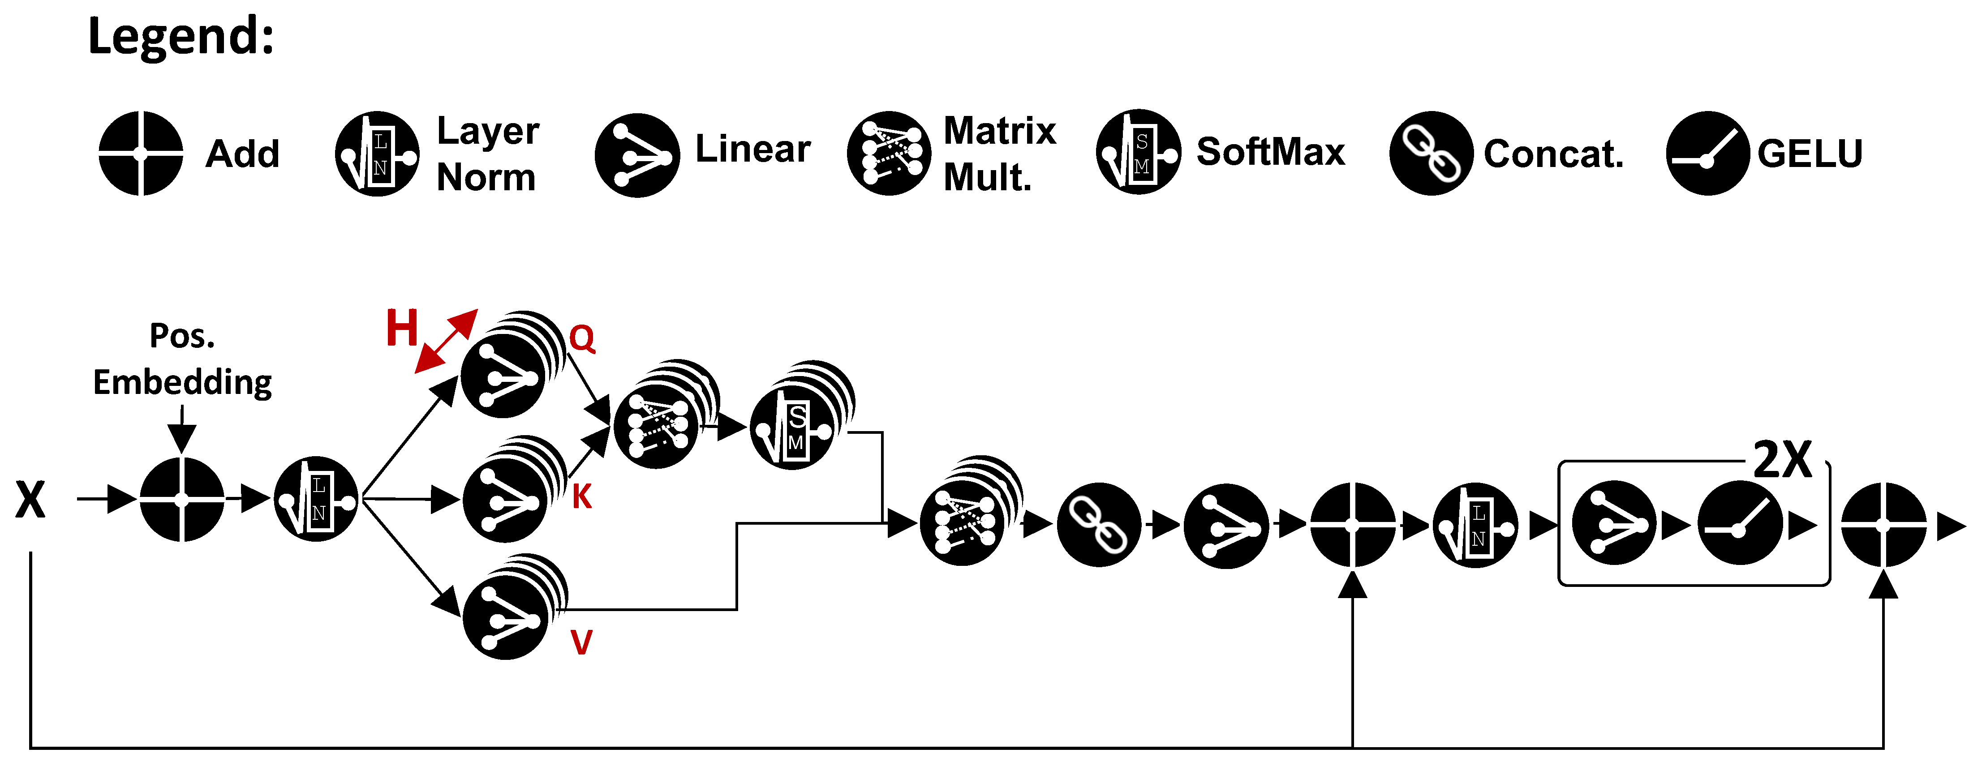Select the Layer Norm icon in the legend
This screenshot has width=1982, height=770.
pyautogui.click(x=377, y=154)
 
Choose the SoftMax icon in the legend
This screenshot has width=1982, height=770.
pyautogui.click(x=1138, y=152)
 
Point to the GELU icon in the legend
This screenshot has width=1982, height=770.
pyautogui.click(x=1707, y=153)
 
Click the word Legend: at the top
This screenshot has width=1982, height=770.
pyautogui.click(x=181, y=36)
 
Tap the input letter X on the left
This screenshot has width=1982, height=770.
pyautogui.click(x=31, y=500)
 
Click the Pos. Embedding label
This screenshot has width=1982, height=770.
pyautogui.click(x=182, y=359)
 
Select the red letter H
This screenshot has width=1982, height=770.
pyautogui.click(x=402, y=329)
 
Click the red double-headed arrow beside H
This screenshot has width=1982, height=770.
pyautogui.click(x=446, y=342)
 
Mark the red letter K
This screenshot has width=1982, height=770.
pyautogui.click(x=582, y=497)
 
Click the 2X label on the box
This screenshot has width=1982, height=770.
pyautogui.click(x=1782, y=461)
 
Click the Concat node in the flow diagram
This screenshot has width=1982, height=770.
pyautogui.click(x=1099, y=525)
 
